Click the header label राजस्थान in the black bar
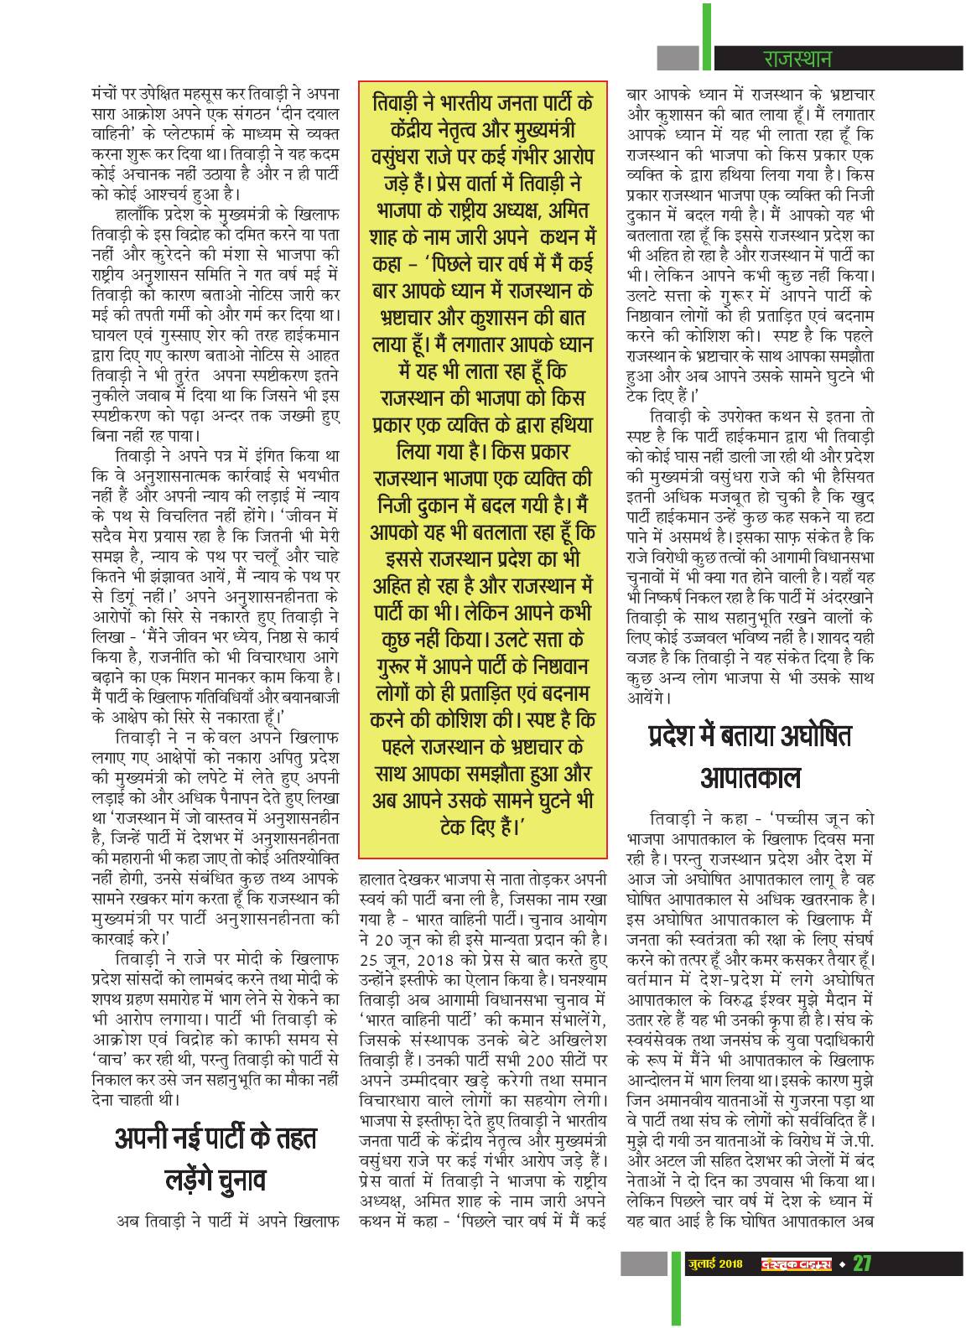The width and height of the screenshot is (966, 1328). [x=797, y=60]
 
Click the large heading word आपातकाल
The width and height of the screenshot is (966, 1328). [x=750, y=779]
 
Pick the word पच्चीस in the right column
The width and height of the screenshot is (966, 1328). [x=793, y=817]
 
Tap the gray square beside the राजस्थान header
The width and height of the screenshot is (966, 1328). [x=677, y=59]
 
